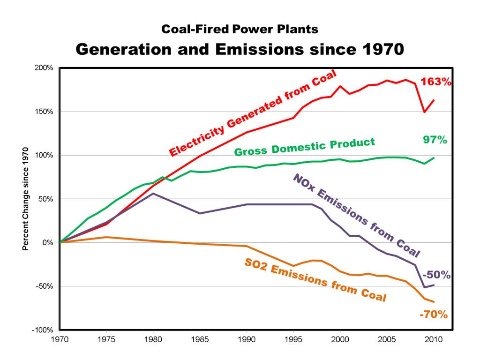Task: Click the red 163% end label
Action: [x=436, y=81]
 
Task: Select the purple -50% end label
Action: [x=436, y=275]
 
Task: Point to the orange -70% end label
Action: [x=434, y=314]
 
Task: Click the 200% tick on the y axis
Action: [x=45, y=68]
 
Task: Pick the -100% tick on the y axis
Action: [x=44, y=330]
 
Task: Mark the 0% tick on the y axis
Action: [x=48, y=242]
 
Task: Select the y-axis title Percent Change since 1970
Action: [x=26, y=199]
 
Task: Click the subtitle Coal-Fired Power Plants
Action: [x=240, y=30]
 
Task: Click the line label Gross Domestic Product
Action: [x=305, y=147]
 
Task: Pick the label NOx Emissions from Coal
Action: [x=356, y=216]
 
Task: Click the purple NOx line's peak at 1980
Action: [x=153, y=193]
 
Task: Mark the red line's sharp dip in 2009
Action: [x=424, y=112]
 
